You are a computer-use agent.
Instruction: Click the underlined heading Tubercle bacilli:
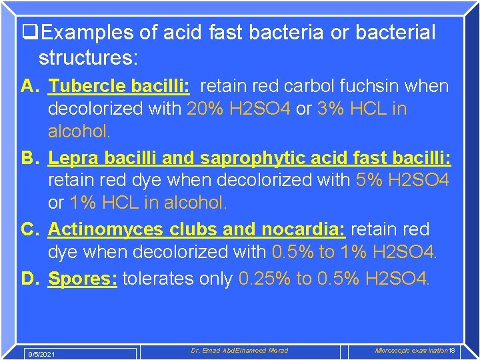click(119, 86)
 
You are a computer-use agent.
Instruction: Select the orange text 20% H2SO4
click(238, 109)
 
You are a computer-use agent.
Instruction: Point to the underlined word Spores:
click(83, 278)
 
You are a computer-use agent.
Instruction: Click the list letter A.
click(29, 86)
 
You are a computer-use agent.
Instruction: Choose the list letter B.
click(29, 158)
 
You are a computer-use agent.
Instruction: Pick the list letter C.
click(29, 229)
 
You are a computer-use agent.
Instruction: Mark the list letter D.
click(29, 278)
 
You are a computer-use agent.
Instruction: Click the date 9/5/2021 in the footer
click(41, 354)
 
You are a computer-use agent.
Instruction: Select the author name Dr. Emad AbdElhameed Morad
click(239, 351)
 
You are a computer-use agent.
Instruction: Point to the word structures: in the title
click(88, 58)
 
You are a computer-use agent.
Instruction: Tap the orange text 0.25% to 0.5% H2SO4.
click(334, 278)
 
